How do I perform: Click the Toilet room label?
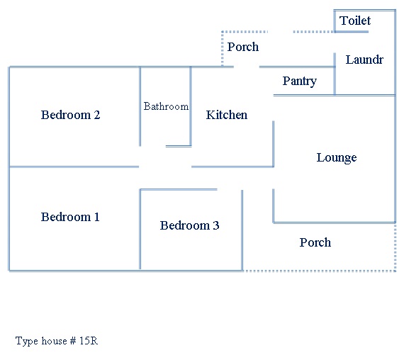click(355, 21)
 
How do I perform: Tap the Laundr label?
click(364, 60)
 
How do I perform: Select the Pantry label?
click(299, 81)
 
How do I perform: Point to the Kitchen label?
click(227, 115)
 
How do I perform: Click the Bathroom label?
click(166, 106)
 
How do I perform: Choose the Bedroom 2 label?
click(70, 115)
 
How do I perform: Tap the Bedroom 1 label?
click(70, 217)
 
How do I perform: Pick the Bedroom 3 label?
click(189, 225)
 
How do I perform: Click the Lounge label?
click(337, 158)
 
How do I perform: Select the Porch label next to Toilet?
click(242, 47)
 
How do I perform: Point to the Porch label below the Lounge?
click(315, 242)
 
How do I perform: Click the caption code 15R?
click(89, 341)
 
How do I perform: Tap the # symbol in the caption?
click(73, 341)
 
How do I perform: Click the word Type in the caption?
click(27, 341)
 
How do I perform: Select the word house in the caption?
click(54, 341)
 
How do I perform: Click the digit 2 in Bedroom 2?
click(97, 115)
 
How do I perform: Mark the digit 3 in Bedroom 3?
click(216, 225)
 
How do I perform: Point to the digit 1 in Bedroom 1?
click(96, 217)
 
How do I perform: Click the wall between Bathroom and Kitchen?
click(191, 106)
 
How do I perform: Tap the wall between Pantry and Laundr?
click(335, 74)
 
